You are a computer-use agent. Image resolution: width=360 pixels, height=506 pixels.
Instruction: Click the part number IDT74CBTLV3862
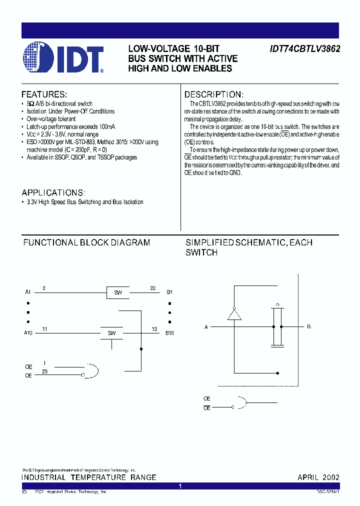pyautogui.click(x=305, y=49)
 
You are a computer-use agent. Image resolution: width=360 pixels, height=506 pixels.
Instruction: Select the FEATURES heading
pyautogui.click(x=44, y=94)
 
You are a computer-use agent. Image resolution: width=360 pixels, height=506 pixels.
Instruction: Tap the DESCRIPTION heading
pyautogui.click(x=214, y=94)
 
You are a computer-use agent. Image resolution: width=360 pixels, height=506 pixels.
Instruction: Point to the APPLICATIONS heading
pyautogui.click(x=53, y=192)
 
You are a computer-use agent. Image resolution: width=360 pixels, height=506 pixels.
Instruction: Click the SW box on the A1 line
pyautogui.click(x=117, y=292)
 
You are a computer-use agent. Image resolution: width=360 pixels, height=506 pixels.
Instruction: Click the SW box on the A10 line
pyautogui.click(x=111, y=333)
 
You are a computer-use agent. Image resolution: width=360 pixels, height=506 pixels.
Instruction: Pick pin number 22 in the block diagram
pyautogui.click(x=152, y=287)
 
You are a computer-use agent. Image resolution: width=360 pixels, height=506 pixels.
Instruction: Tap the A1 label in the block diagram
pyautogui.click(x=28, y=292)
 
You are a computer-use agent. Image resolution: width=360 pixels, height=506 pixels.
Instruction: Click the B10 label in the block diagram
pyautogui.click(x=169, y=333)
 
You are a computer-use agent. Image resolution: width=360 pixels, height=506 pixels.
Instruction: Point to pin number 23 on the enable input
pyautogui.click(x=44, y=371)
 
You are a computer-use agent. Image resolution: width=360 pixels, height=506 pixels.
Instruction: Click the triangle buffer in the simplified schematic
pyautogui.click(x=234, y=313)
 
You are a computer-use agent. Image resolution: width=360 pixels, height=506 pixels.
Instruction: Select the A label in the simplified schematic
pyautogui.click(x=206, y=327)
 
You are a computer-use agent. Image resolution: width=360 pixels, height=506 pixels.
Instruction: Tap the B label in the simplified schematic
pyautogui.click(x=308, y=326)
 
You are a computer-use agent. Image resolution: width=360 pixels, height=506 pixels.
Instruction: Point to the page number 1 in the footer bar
pyautogui.click(x=180, y=486)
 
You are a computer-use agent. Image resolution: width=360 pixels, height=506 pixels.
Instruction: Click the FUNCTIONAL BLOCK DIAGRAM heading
pyautogui.click(x=86, y=242)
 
